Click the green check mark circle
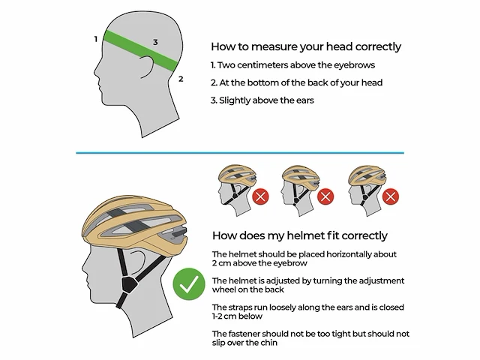coord(189,283)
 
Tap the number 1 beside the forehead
coord(96,39)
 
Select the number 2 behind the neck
coord(181,79)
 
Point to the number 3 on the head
coord(155,42)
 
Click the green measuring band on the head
coord(141,50)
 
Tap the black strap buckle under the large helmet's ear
coord(129,285)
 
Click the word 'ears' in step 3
coord(305,100)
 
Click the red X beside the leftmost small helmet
coord(260,196)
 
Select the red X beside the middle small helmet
coord(325,196)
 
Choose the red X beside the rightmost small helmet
coord(391,196)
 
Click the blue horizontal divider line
coord(240,152)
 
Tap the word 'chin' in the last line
coord(268,343)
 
